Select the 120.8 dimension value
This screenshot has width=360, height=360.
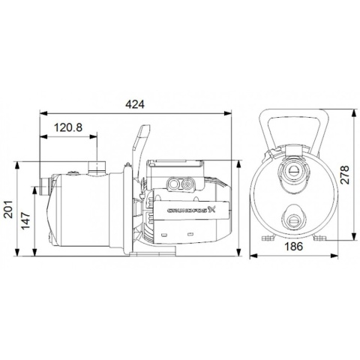69,127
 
